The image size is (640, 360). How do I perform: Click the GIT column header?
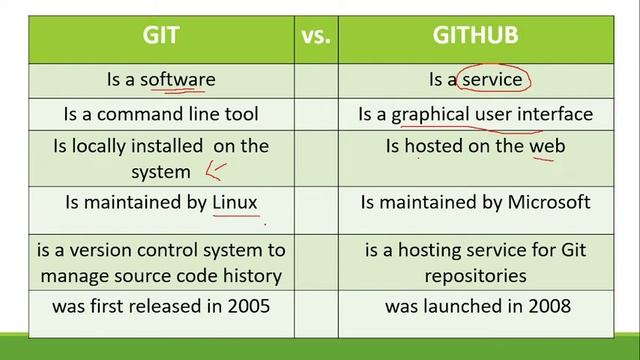(160, 36)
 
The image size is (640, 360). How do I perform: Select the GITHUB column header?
(475, 36)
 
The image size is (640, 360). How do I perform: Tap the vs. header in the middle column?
(316, 36)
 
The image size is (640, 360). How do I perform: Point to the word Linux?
(235, 203)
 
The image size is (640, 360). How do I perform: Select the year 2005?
(247, 306)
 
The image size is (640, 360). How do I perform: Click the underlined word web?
(547, 146)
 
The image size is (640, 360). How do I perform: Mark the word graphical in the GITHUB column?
(430, 114)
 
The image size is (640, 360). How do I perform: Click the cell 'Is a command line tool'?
(160, 114)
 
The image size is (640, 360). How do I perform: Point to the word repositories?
(475, 274)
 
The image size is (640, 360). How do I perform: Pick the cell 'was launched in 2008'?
(475, 306)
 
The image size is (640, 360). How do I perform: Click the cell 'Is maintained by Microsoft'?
(475, 203)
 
